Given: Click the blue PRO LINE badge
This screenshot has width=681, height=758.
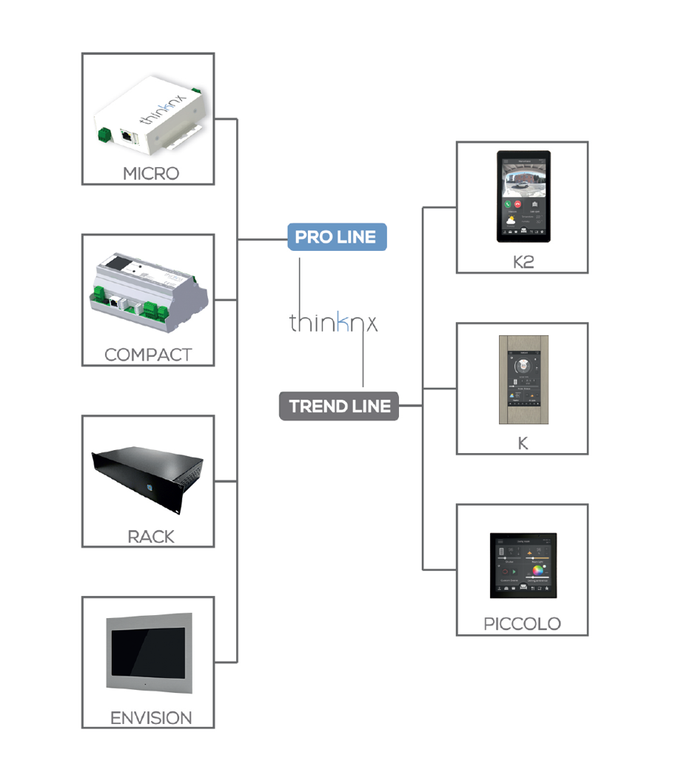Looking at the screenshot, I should click(337, 238).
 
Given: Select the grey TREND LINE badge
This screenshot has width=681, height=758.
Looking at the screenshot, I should click(339, 406).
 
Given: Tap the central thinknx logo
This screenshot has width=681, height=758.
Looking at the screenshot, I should click(333, 323).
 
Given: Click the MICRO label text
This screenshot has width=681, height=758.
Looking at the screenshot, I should click(150, 173).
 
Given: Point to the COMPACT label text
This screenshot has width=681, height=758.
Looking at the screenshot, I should click(148, 355).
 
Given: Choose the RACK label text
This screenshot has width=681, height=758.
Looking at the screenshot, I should click(150, 536).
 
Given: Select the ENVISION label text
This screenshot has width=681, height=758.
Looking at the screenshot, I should click(150, 717).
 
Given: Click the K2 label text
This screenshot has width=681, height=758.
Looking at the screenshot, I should click(523, 262).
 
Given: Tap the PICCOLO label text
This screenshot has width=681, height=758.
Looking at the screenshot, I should click(522, 623).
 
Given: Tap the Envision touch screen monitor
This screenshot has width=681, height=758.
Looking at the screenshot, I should click(150, 652).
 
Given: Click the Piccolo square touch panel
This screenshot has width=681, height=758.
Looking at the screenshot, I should click(523, 566).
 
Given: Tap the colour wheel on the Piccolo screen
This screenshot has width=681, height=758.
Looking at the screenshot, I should click(537, 572).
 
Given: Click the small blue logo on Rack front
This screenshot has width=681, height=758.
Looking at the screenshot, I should click(148, 486).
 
